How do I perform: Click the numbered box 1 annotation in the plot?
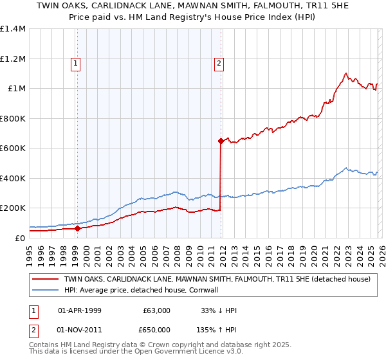pos(76,63)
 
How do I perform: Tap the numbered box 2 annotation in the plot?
pos(219,63)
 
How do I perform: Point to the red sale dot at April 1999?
pos(78,228)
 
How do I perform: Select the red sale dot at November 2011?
pos(221,140)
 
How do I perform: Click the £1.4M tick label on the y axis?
pos(13,29)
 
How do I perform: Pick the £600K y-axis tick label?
pos(13,148)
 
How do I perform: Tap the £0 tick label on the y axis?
pos(19,238)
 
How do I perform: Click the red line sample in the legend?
pos(45,280)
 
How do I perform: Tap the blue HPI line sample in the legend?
pos(45,291)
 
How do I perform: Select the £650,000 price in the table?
pos(155,330)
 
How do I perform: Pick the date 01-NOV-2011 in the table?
pos(79,330)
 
